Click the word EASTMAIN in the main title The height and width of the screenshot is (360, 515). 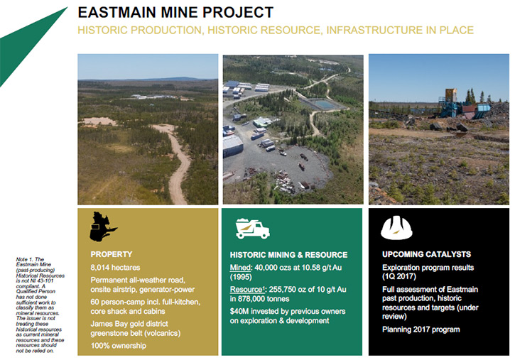pos(116,13)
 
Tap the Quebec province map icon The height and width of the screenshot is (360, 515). pos(103,227)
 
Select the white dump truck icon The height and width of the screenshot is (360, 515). pos(253,228)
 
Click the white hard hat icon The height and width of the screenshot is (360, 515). pos(397,227)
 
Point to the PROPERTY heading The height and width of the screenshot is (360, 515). pos(112,254)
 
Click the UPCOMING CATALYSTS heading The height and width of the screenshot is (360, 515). pos(426,254)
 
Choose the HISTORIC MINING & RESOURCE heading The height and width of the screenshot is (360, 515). pos(288,255)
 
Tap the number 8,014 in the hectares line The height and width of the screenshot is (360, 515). pos(99,268)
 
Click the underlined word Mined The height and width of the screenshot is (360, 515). pos(240,268)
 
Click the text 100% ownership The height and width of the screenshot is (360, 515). pos(118,346)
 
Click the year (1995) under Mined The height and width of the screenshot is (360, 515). pos(241,278)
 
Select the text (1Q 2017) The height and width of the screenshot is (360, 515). pos(399,276)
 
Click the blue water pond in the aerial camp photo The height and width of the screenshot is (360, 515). pos(323,104)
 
